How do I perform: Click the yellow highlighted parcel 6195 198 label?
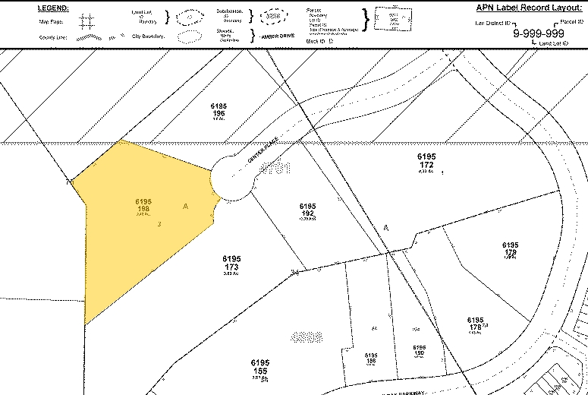click(x=143, y=206)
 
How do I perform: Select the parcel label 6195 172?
click(x=425, y=160)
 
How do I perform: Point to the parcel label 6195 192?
click(x=307, y=210)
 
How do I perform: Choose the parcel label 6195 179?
click(x=510, y=249)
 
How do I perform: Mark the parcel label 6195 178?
click(x=476, y=324)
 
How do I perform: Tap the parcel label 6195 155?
click(x=260, y=367)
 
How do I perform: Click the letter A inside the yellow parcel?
click(x=185, y=206)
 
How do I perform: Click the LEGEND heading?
click(x=52, y=8)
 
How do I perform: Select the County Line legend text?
click(x=51, y=36)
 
